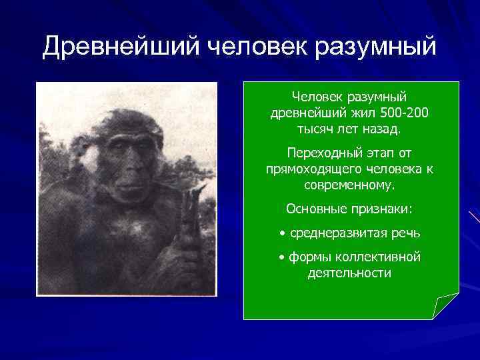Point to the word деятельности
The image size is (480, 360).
(349, 273)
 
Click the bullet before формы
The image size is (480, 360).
(282, 258)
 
